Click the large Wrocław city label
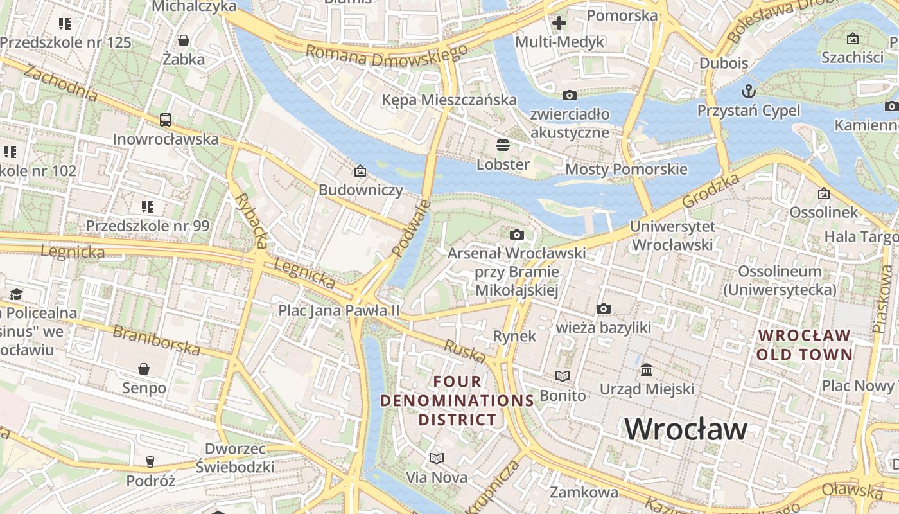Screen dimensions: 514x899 click(685, 429)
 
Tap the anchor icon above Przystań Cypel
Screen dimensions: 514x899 click(748, 90)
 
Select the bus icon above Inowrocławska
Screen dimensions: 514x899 click(166, 120)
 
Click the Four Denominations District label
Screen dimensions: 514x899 click(457, 401)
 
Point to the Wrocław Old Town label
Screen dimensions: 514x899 click(804, 345)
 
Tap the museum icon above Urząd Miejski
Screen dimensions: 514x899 click(647, 370)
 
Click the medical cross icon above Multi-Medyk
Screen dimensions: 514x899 click(559, 24)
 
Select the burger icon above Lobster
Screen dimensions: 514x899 click(503, 145)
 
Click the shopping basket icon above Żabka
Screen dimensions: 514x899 click(184, 40)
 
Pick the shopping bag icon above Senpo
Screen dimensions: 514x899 click(144, 369)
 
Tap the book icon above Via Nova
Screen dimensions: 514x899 click(437, 458)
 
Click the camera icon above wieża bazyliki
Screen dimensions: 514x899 click(603, 309)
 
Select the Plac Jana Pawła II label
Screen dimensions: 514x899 click(338, 311)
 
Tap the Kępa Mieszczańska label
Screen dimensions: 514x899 click(449, 100)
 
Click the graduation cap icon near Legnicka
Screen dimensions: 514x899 click(16, 294)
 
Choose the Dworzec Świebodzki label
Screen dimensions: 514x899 click(240, 457)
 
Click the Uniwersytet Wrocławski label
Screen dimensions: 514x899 click(672, 236)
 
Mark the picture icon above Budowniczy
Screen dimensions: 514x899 click(360, 171)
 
